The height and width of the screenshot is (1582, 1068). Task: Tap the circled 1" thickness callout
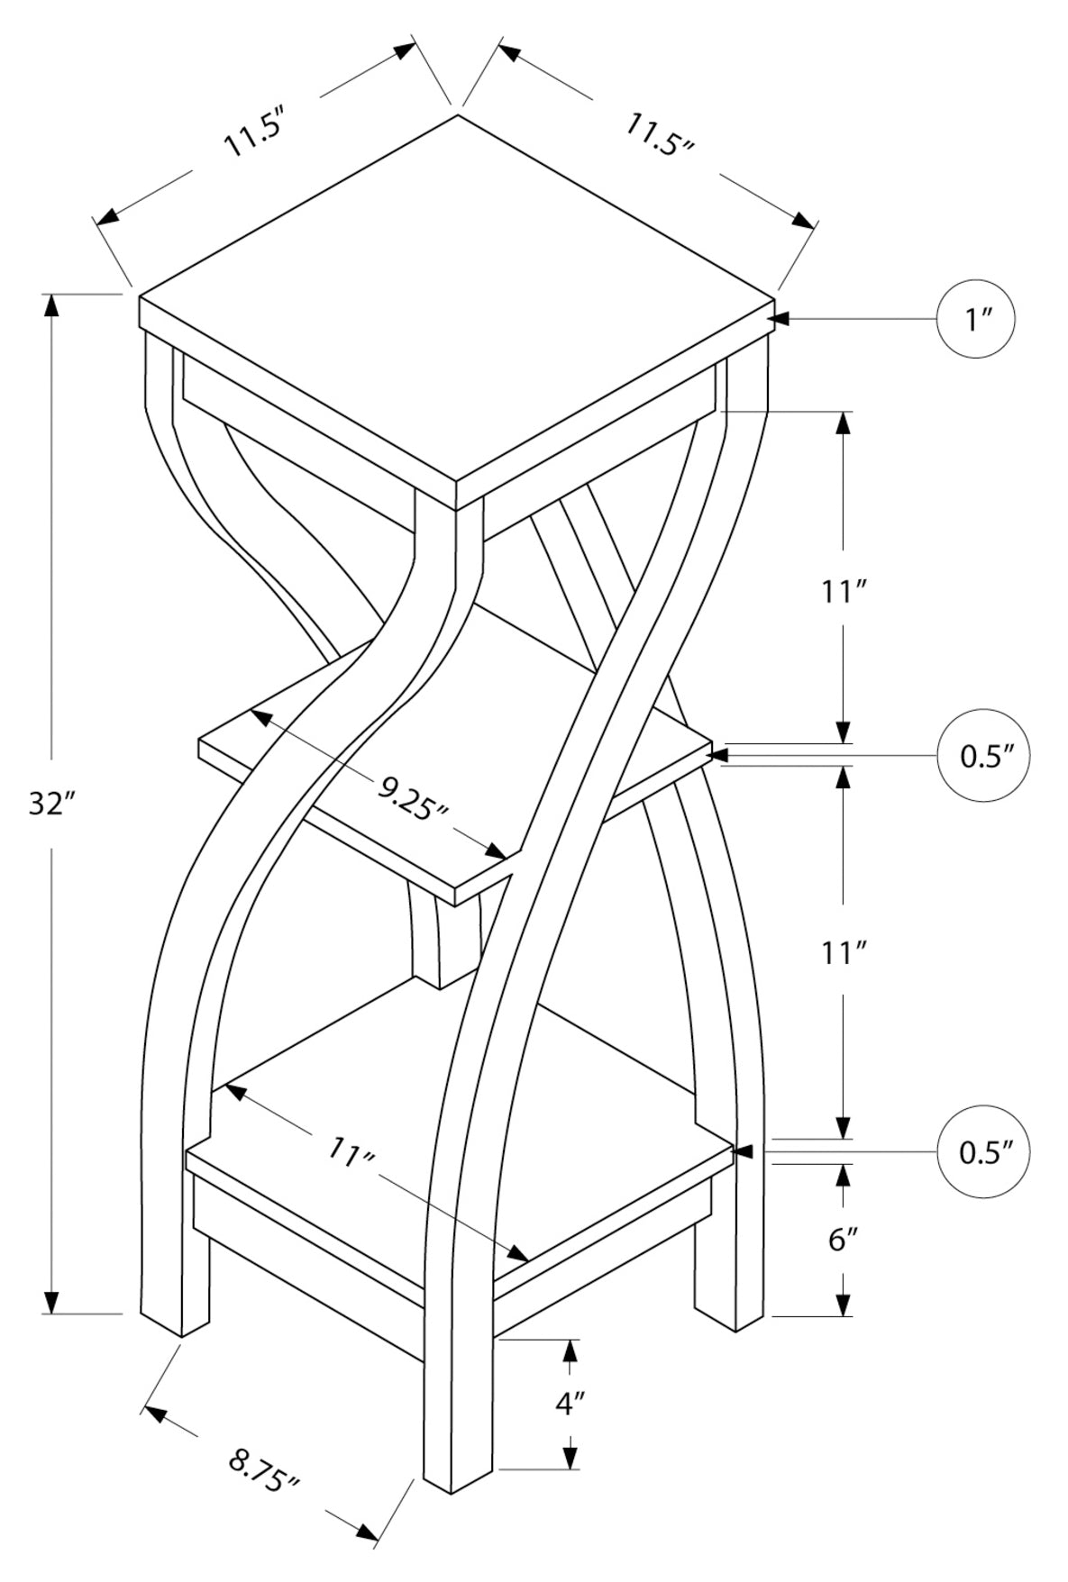click(x=976, y=319)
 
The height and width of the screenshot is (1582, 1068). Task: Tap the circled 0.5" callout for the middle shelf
click(x=981, y=755)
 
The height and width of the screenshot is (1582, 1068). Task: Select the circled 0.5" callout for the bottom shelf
click(x=981, y=1151)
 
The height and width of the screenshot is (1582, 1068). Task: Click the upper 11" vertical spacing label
click(x=844, y=592)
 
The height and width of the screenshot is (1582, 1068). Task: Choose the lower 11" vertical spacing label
click(x=844, y=951)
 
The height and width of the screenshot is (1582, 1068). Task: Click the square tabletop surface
click(x=457, y=297)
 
